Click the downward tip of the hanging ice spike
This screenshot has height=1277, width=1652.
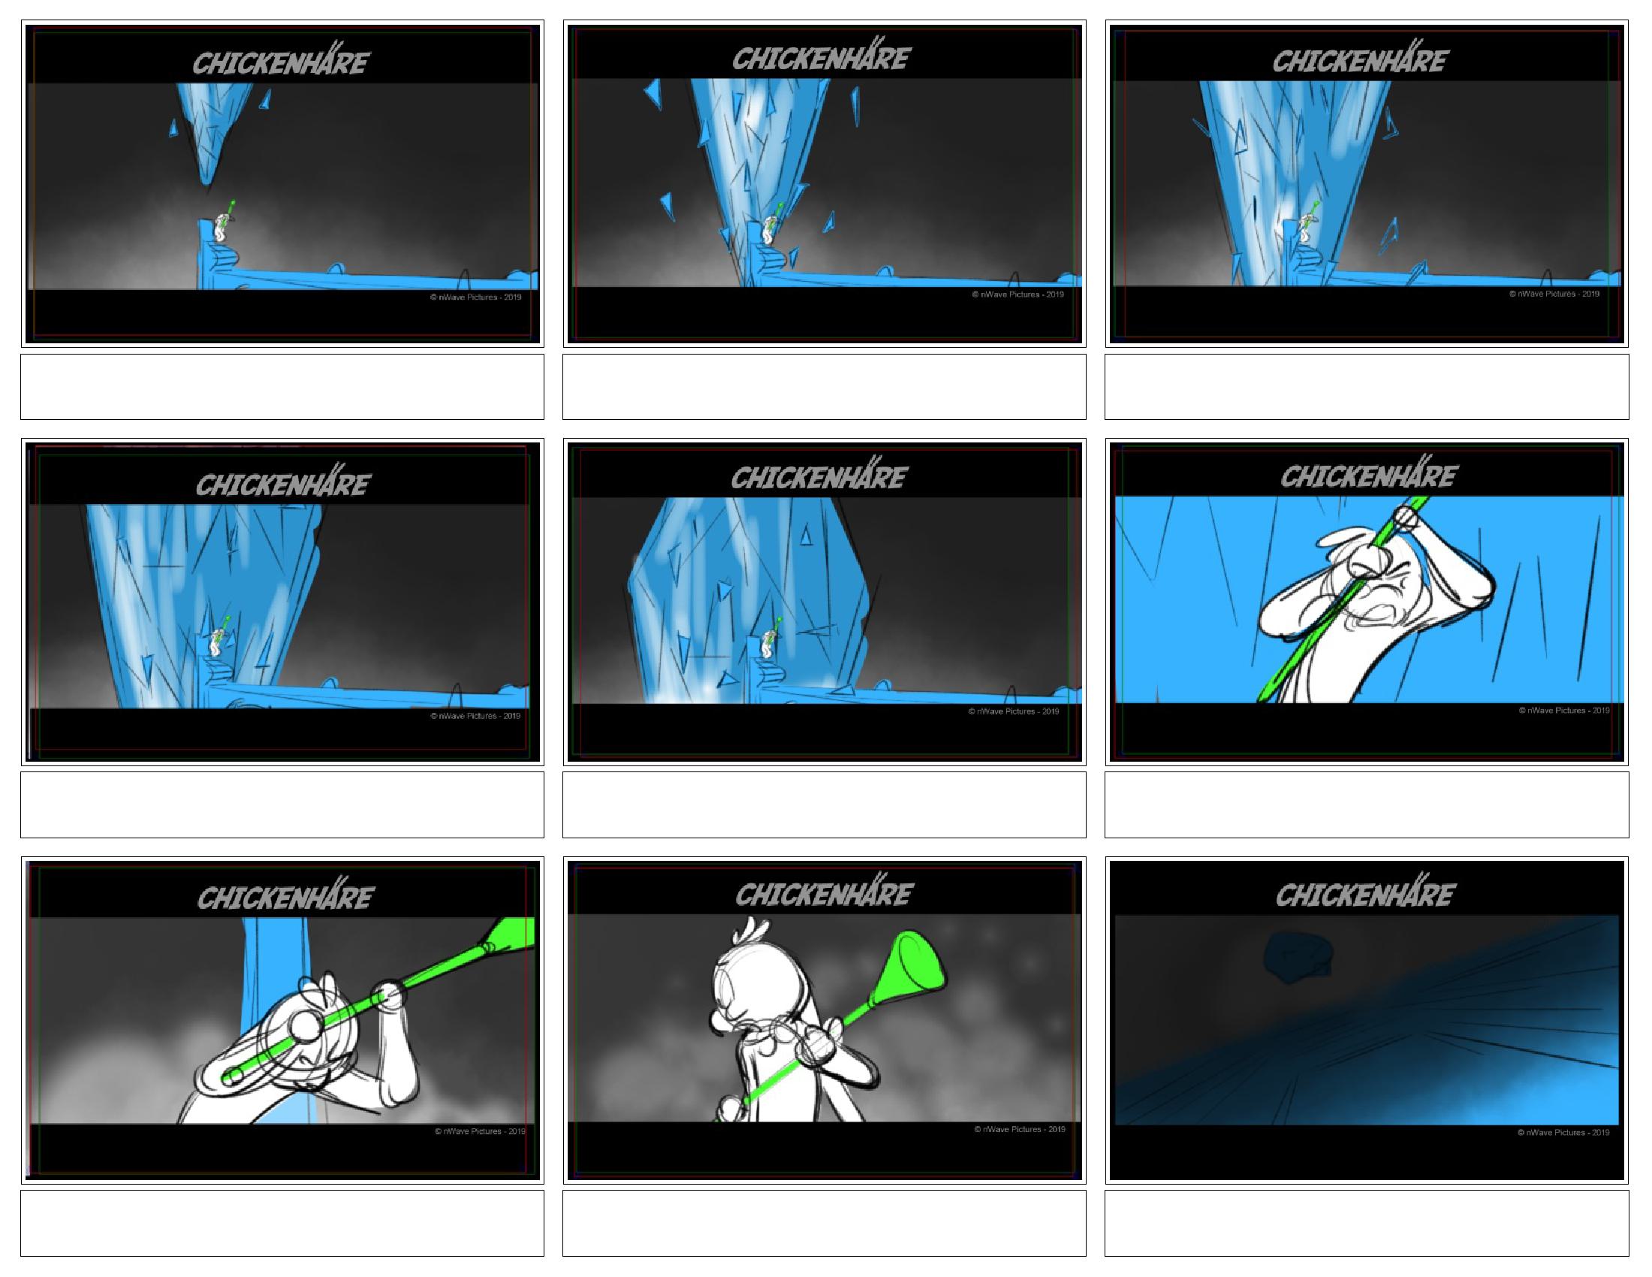[x=206, y=183]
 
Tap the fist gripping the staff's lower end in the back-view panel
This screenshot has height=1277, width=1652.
[x=731, y=1108]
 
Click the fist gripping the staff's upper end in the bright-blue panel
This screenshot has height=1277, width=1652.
[x=1406, y=519]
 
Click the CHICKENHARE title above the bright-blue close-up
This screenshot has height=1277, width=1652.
[x=1367, y=475]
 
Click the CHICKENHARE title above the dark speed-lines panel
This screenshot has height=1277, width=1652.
[x=1364, y=894]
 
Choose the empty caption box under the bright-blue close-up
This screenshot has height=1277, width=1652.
[x=1366, y=805]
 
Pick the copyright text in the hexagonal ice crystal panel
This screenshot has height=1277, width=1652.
[x=1014, y=711]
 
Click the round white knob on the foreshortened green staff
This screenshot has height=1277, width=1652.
[x=307, y=1027]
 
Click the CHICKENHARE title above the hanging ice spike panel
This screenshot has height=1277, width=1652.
[x=281, y=63]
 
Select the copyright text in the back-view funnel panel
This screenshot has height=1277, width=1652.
[x=1020, y=1130]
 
